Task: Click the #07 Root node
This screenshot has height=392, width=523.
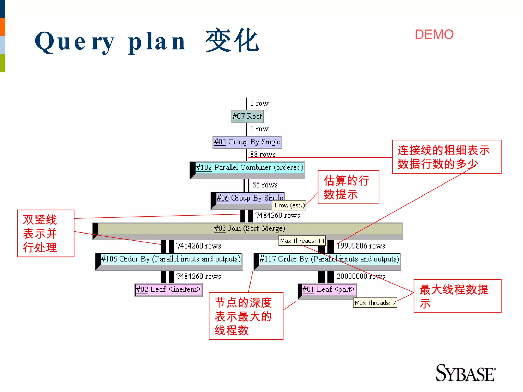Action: coord(247,116)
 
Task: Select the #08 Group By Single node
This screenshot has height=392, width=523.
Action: coord(247,142)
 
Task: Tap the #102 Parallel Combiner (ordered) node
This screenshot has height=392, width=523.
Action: coord(249,168)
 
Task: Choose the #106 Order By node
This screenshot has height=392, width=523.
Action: coord(171,259)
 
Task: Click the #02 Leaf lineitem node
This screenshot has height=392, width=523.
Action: coord(168,290)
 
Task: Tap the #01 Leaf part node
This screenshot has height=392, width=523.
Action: coord(328,290)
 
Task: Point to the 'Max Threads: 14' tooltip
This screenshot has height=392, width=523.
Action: coord(302,241)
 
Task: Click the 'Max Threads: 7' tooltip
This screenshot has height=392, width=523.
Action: coord(375,303)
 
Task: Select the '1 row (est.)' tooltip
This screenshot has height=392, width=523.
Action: coord(289,205)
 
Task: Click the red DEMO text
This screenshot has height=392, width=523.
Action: coord(434,34)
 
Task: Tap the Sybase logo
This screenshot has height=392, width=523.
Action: coord(465,373)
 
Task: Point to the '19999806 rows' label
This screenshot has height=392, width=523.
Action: coord(361,246)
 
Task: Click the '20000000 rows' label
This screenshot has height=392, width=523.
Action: coord(361,276)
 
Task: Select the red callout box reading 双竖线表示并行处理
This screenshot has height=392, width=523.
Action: coord(46,233)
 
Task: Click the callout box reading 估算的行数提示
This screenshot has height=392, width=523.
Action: coord(348,187)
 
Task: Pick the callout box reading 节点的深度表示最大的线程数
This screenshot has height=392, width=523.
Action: coord(246,316)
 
